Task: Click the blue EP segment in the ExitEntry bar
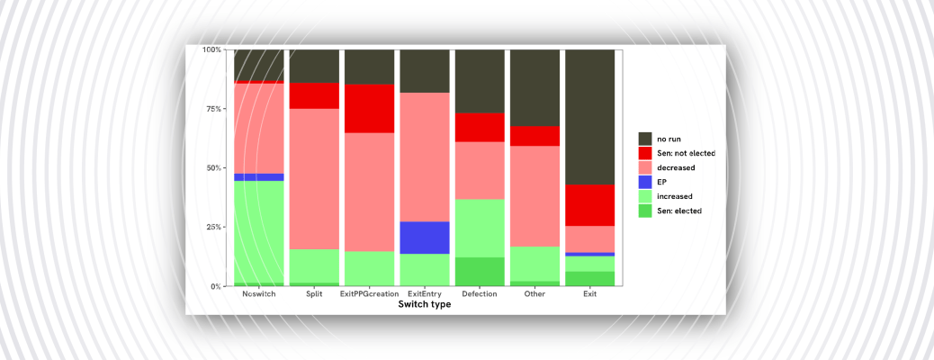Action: [x=425, y=238]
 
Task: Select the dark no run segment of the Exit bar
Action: [x=590, y=117]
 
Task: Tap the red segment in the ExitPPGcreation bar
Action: [x=369, y=108]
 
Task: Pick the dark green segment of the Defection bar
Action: [x=480, y=272]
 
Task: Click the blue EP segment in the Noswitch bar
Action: [x=258, y=177]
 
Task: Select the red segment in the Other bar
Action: [x=534, y=136]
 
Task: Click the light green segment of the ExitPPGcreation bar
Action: [x=369, y=268]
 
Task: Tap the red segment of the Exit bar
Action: [x=590, y=205]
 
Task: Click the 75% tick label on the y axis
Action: [x=212, y=109]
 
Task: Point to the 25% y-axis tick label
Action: [x=212, y=227]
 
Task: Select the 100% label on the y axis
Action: [x=211, y=49]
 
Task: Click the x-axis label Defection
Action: [x=480, y=294]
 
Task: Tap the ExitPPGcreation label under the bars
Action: [x=369, y=294]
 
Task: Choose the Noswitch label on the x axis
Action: [x=258, y=294]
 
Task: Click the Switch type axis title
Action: [x=424, y=305]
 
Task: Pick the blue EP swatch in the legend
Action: [x=645, y=182]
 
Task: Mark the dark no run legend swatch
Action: [x=645, y=139]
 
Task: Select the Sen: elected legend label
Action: [x=679, y=211]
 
